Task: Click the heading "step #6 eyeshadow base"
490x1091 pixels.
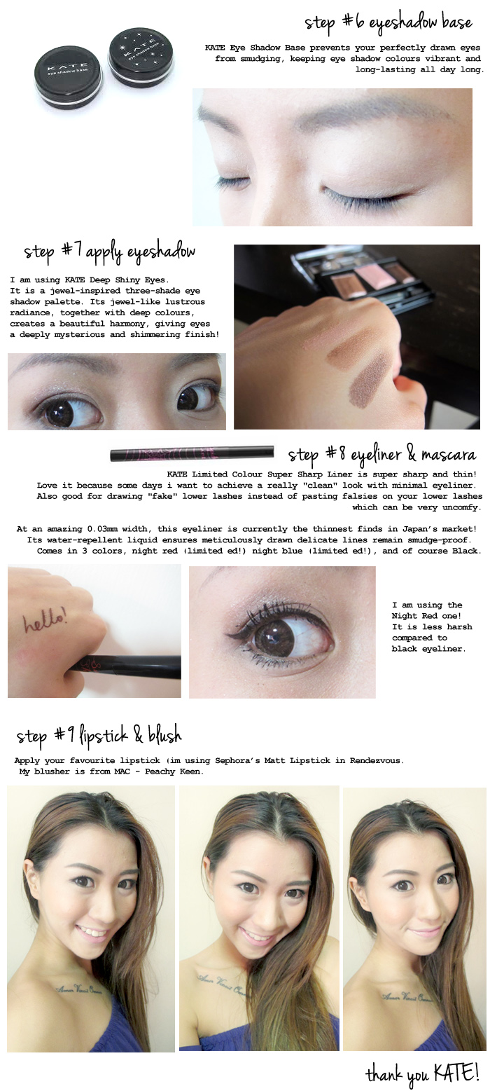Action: [388, 23]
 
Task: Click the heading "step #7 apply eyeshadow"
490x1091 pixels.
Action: [109, 252]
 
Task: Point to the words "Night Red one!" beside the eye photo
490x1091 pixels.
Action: [426, 616]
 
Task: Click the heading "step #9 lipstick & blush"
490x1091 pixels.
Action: [99, 736]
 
